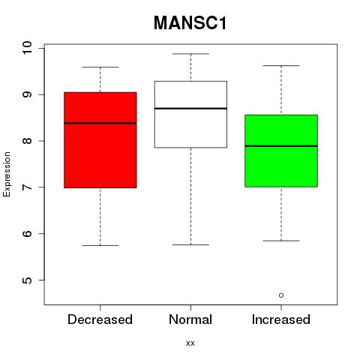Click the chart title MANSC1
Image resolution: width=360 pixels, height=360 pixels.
(x=190, y=23)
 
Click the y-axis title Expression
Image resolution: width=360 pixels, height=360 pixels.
(x=7, y=174)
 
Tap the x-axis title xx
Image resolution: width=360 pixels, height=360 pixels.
(x=190, y=343)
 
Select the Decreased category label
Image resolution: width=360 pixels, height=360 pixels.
(x=100, y=319)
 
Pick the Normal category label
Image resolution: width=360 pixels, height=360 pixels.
(x=190, y=319)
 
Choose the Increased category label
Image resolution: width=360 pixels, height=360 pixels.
(x=281, y=319)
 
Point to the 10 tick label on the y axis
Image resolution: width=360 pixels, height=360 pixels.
(x=27, y=48)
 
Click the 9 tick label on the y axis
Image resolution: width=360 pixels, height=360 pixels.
(x=27, y=94)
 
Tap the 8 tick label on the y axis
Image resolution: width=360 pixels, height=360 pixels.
(x=27, y=141)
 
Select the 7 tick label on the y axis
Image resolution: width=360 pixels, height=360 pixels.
(x=27, y=187)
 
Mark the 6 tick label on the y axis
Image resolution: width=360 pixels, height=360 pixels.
(x=27, y=233)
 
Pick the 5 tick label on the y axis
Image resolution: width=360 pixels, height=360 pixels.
(x=27, y=280)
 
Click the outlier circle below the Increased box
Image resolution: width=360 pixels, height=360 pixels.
(x=281, y=295)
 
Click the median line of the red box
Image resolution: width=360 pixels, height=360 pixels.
(x=100, y=123)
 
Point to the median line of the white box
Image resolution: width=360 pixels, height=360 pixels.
(x=190, y=109)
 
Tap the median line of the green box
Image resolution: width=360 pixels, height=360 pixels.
(x=281, y=146)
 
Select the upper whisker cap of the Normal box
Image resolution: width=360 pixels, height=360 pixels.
(x=190, y=54)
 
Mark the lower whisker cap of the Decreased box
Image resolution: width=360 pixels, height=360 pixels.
(x=100, y=245)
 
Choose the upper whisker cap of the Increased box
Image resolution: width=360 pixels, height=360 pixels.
(x=281, y=66)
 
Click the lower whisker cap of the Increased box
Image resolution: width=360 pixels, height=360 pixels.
(x=281, y=241)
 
